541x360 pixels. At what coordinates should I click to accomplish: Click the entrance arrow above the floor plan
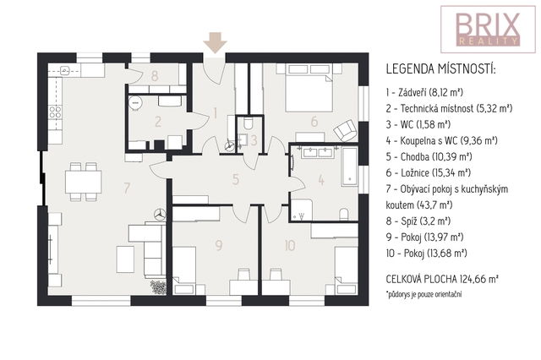(x=215, y=43)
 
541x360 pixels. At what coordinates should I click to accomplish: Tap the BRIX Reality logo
(x=488, y=30)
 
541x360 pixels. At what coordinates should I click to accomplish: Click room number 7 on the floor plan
(x=127, y=188)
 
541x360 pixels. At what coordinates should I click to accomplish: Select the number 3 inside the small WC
(x=254, y=140)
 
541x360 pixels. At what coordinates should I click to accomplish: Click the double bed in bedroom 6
(x=309, y=88)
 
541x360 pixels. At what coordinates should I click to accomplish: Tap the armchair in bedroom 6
(x=346, y=130)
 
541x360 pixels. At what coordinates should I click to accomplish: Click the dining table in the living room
(x=84, y=182)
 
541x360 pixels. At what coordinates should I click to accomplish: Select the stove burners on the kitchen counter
(x=55, y=112)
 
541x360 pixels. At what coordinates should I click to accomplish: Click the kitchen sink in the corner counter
(x=65, y=71)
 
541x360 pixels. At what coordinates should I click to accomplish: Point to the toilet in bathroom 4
(x=344, y=214)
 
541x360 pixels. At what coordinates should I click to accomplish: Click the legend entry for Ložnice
(x=429, y=172)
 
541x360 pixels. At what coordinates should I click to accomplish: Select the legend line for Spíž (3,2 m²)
(x=418, y=221)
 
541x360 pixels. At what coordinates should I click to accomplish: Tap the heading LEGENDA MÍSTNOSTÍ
(x=440, y=69)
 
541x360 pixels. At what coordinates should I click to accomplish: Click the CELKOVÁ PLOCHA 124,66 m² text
(x=442, y=279)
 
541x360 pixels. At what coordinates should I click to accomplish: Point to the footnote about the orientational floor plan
(x=424, y=294)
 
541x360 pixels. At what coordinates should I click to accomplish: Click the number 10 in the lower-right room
(x=290, y=246)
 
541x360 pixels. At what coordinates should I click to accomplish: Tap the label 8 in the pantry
(x=155, y=76)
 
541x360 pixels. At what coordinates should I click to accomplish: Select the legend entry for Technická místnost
(x=449, y=109)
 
